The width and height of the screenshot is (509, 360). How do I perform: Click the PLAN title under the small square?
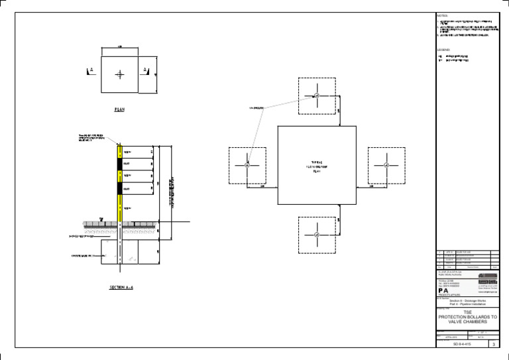tap(119, 109)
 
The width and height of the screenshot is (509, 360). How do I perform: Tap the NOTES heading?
tap(443, 15)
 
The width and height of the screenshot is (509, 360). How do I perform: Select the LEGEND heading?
tap(443, 50)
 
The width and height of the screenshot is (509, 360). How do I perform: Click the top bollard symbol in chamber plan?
tap(317, 96)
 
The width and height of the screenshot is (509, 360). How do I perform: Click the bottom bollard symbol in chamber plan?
tap(317, 235)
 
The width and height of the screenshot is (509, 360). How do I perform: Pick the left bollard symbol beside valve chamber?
tap(247, 164)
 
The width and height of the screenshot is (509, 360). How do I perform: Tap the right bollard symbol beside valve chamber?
tap(386, 164)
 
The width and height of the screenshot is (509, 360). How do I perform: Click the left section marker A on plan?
tap(91, 70)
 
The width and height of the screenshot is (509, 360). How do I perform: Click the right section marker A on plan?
tap(146, 70)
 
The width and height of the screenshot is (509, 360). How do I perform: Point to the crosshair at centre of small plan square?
tap(119, 74)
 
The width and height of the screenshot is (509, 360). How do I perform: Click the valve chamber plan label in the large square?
tap(317, 166)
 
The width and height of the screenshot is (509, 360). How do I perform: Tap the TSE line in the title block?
tap(468, 311)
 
